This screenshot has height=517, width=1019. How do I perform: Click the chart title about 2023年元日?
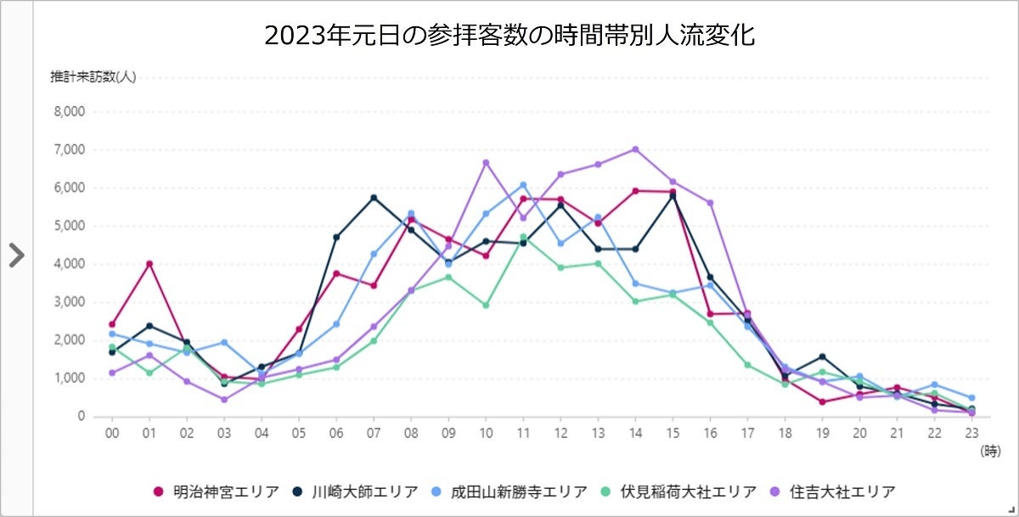(509, 36)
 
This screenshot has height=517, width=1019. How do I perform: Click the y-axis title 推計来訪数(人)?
(93, 76)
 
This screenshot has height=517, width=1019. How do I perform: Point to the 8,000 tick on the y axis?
(68, 111)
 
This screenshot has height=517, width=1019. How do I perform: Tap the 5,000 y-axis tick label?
(68, 226)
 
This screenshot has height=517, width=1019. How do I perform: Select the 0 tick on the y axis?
(80, 416)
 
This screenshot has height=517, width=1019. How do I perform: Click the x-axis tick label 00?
(111, 432)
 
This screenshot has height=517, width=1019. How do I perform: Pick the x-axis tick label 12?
(560, 432)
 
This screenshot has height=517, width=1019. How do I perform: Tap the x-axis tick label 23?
(971, 432)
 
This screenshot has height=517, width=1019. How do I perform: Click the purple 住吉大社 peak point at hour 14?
(635, 149)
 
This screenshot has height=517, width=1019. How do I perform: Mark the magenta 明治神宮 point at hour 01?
(149, 264)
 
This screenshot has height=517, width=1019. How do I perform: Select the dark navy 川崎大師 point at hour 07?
(374, 198)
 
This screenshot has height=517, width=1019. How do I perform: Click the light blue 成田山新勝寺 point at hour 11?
(523, 185)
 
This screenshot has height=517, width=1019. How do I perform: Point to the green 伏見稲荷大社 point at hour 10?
(486, 305)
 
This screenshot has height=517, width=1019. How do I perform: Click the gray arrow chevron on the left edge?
(16, 255)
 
